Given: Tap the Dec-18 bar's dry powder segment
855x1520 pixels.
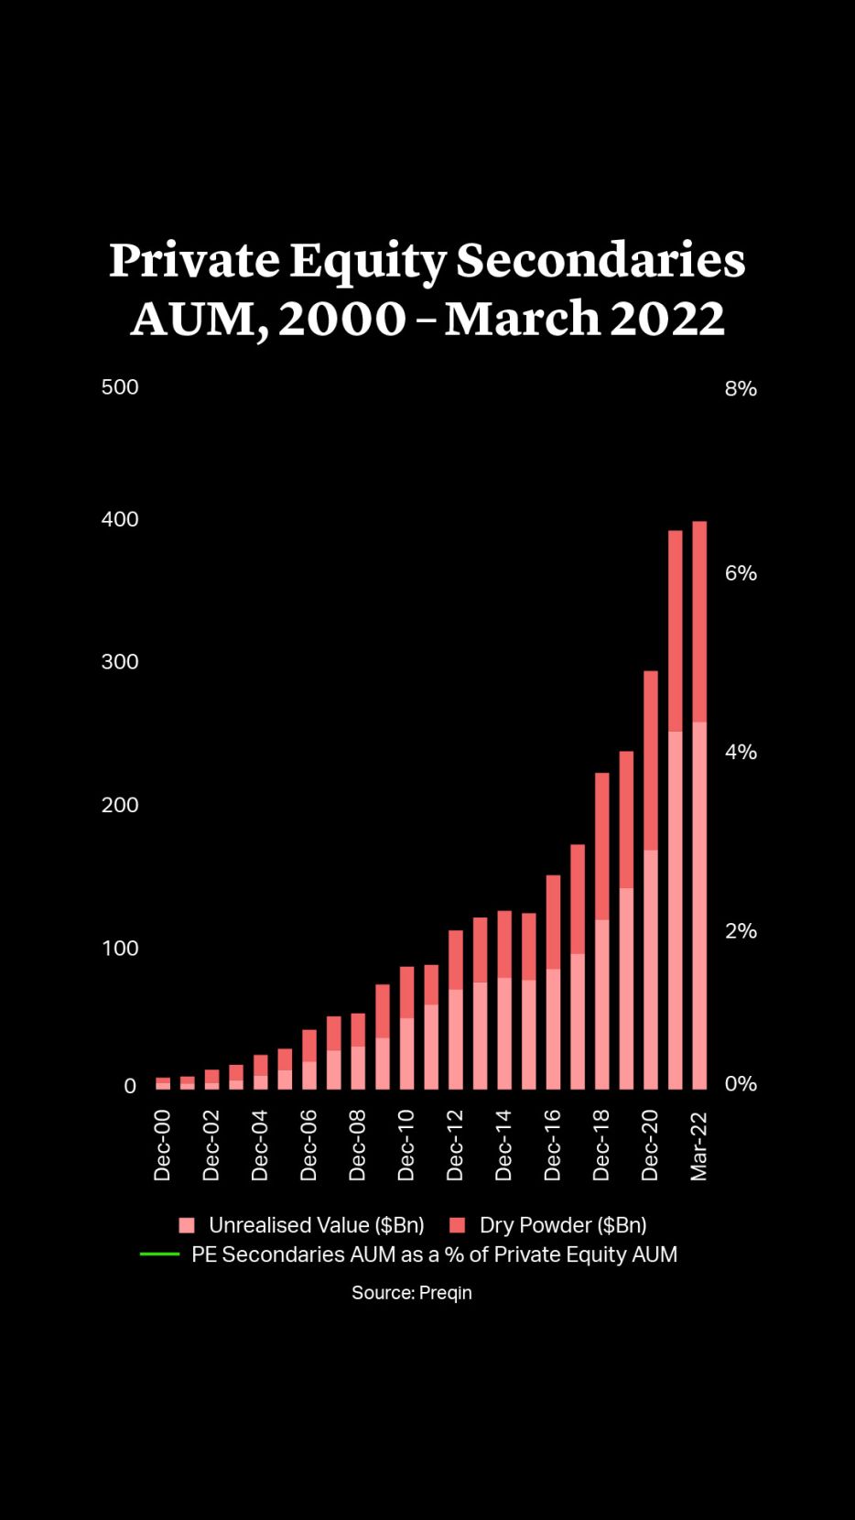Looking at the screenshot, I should point(602,846).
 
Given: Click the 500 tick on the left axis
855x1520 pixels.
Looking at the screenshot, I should point(120,387).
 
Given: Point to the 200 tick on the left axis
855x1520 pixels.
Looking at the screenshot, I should point(120,805).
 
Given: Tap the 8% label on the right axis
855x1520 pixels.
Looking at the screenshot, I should point(741,389).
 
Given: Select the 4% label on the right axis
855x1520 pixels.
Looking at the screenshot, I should point(741,753).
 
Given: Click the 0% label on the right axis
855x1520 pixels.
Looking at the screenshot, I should point(741,1084).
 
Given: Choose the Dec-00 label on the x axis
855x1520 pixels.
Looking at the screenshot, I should point(162,1145).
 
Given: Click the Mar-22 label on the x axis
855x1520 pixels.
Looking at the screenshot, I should point(698,1145).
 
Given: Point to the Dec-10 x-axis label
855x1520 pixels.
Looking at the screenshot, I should point(406,1145).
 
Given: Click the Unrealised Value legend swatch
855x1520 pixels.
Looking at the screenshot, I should point(187,1225).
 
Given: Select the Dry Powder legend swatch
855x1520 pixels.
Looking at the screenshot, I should point(458,1225).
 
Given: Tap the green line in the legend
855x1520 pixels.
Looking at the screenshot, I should point(159,1254).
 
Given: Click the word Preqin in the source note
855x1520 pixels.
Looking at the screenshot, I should point(446,1293).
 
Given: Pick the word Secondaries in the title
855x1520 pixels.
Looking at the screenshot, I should point(601,261).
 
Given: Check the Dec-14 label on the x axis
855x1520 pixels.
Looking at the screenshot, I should point(503,1145).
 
